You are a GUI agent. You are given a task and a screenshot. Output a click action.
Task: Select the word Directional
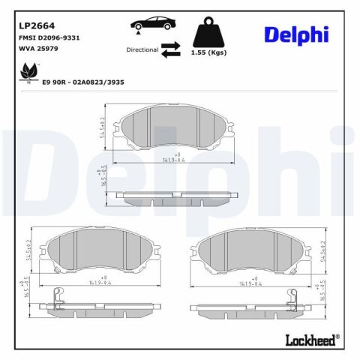(142, 49)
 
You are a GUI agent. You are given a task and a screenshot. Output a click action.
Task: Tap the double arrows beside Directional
(171, 49)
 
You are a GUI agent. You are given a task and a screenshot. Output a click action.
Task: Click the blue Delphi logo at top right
(295, 34)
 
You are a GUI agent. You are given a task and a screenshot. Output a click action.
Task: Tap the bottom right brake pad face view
(251, 252)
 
